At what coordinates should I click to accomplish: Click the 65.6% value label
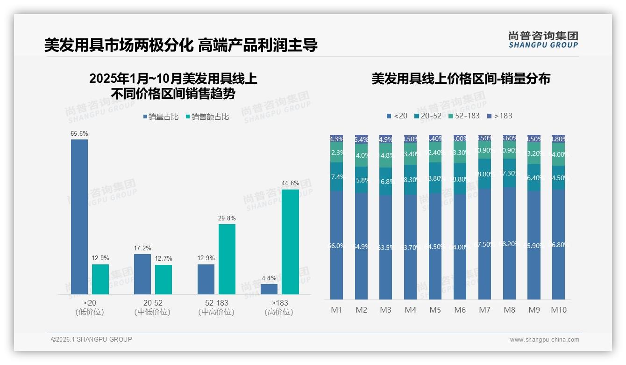click(x=79, y=134)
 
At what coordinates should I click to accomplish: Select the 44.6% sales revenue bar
click(x=290, y=241)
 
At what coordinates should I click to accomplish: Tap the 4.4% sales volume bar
click(x=269, y=289)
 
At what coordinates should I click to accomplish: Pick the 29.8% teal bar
click(x=227, y=259)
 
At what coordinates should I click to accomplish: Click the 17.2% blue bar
click(x=142, y=274)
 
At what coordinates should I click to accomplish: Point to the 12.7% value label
click(x=164, y=259)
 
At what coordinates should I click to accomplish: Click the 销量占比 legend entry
click(x=161, y=117)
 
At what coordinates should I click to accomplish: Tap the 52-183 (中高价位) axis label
click(x=216, y=307)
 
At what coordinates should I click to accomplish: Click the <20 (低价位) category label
click(x=90, y=307)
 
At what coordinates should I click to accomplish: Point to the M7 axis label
click(x=484, y=310)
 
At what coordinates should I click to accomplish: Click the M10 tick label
click(x=558, y=310)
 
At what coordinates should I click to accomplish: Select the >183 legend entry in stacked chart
click(x=499, y=116)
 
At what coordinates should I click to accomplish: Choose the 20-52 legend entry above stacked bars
click(x=427, y=116)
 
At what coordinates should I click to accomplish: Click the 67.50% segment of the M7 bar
click(x=484, y=244)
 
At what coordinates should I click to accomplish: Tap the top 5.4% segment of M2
click(x=361, y=139)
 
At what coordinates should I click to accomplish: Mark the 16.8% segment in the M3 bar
click(x=385, y=182)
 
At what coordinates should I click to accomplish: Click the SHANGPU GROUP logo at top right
click(x=543, y=40)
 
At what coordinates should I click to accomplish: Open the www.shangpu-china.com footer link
click(x=544, y=340)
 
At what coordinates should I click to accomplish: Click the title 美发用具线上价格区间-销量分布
click(x=461, y=79)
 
